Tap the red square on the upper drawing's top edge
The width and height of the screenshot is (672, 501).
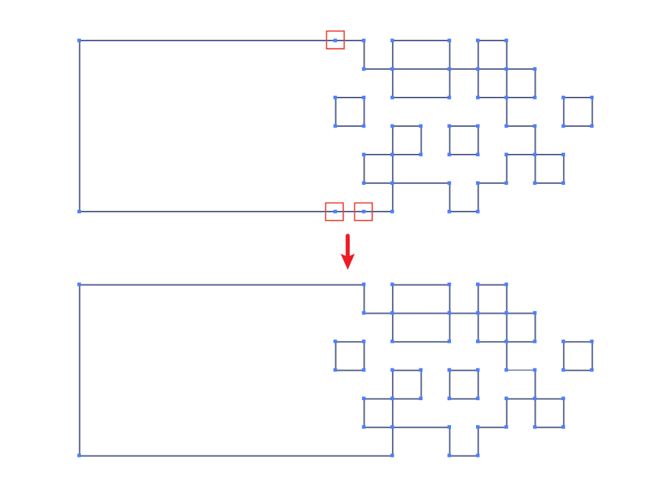coord(335,40)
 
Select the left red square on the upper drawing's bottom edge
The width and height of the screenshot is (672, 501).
coord(335,212)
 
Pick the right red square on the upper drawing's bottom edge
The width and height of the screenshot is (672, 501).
coord(363,212)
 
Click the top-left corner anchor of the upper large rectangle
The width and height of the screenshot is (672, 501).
coord(79,40)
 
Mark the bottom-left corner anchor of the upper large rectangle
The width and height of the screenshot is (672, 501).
coord(79,212)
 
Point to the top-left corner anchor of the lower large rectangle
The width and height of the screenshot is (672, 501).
coord(79,284)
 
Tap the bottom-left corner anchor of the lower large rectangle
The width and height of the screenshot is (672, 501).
coord(79,456)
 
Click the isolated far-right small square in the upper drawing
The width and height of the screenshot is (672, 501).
coord(577,111)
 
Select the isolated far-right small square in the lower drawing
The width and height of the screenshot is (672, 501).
coord(577,355)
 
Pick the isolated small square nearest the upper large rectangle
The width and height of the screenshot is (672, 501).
coord(350,111)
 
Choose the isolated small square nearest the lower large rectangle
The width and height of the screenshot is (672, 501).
coord(350,355)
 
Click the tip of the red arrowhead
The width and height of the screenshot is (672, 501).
coord(348,268)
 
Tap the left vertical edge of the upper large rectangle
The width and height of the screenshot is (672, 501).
coord(80,124)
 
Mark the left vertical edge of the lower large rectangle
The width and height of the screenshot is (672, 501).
coord(80,370)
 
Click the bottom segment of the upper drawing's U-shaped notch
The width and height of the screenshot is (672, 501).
coord(464,212)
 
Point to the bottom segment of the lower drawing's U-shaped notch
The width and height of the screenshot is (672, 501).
coord(464,456)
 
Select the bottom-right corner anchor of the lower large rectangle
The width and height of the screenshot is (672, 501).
coord(392,456)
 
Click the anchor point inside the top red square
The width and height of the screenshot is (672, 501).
coord(335,40)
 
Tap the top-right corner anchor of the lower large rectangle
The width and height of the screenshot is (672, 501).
coord(364,284)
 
